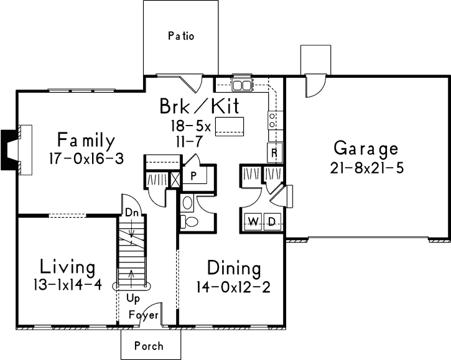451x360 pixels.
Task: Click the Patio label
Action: [181, 36]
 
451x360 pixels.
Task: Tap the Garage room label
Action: [365, 149]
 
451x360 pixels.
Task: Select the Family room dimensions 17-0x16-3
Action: [86, 159]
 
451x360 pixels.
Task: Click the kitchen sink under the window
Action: [241, 85]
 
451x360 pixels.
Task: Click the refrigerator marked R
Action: [272, 152]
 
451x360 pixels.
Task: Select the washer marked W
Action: [254, 221]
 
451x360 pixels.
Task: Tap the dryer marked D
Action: [271, 221]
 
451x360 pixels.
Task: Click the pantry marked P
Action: [194, 175]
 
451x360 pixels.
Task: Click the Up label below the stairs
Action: [132, 298]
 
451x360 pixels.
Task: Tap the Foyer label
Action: [142, 315]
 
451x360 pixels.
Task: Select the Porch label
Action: [149, 346]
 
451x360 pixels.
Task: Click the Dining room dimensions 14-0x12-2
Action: [233, 288]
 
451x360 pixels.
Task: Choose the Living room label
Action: [67, 268]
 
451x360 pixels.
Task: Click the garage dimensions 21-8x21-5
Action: [365, 168]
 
